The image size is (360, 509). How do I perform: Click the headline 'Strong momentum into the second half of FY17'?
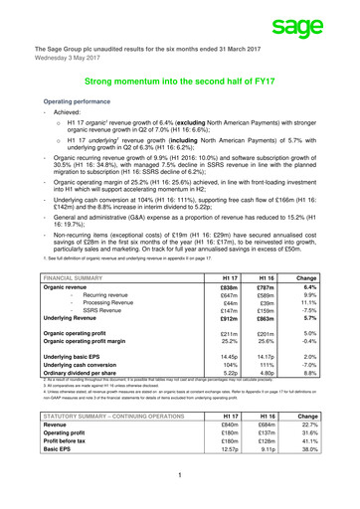[x=180, y=86]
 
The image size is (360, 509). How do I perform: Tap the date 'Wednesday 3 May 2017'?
[x=68, y=58]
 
